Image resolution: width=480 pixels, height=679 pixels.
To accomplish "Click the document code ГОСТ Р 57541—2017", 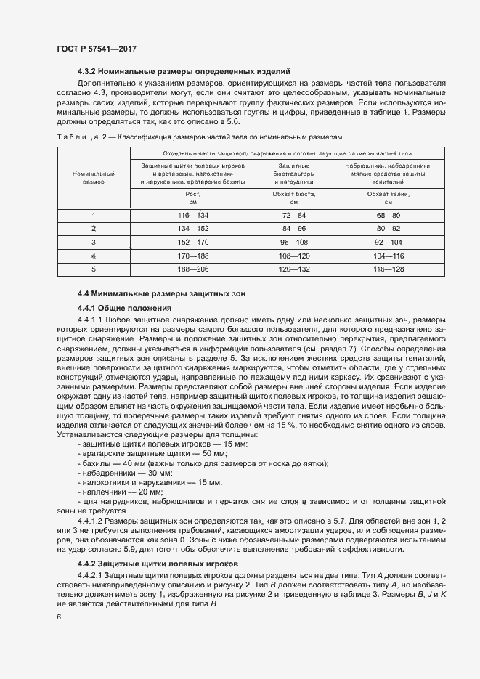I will [96, 48].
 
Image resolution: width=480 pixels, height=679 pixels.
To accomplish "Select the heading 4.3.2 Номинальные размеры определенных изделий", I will [184, 71].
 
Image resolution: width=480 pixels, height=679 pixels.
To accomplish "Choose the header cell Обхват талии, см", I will [387, 198].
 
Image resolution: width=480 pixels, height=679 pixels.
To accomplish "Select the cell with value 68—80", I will [387, 216].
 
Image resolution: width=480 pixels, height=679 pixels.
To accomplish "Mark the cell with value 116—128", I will [387, 269].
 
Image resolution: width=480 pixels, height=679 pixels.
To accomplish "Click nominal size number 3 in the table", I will [94, 242].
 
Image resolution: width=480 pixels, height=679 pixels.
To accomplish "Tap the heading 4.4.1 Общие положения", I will [124, 308].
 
